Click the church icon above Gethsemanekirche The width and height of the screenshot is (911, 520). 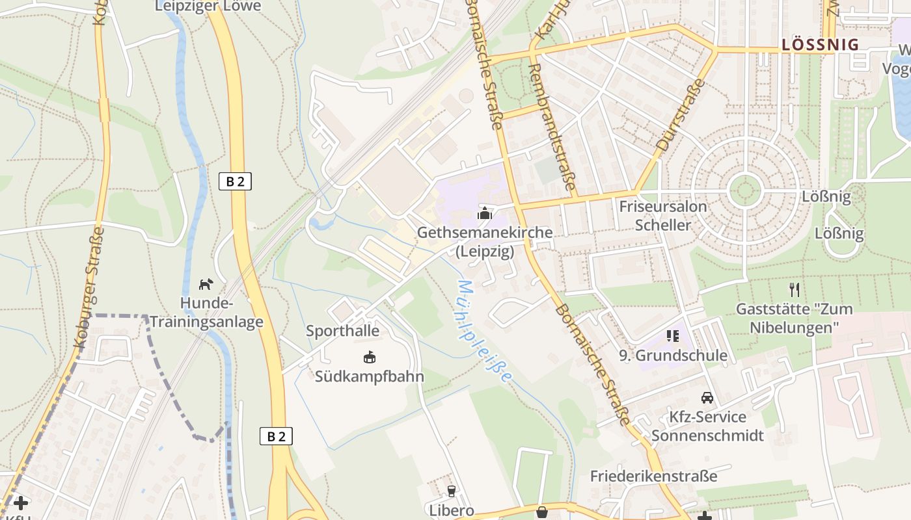[484, 213]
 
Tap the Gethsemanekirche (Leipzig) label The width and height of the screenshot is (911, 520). [485, 241]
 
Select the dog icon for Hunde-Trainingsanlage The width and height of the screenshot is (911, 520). [206, 284]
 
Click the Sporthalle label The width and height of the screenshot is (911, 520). [343, 331]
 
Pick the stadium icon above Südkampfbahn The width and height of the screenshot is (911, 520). [370, 357]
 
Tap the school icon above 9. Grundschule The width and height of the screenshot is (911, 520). [672, 336]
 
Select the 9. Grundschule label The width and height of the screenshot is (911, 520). [672, 356]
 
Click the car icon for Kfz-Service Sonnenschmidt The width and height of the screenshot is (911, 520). [707, 397]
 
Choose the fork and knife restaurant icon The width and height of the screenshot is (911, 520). [794, 289]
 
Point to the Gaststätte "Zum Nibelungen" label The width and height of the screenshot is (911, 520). [793, 317]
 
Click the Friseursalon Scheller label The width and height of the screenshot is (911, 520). [663, 216]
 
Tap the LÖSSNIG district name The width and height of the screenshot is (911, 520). [820, 45]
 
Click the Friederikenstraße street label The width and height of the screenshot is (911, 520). [653, 476]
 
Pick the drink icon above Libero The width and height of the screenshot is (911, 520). [451, 491]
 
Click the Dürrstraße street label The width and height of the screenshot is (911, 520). [681, 114]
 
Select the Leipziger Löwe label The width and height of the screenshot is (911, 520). [208, 6]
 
